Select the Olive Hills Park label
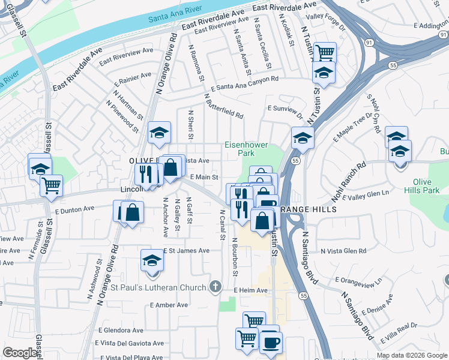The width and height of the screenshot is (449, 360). pos(426,186)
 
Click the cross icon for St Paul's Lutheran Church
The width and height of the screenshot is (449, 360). pos(214,287)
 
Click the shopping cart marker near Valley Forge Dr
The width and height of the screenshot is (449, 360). pos(324,53)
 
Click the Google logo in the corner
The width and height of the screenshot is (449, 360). pos(20,353)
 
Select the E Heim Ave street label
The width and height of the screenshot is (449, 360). pos(251,290)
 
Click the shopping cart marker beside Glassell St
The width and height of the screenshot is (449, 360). pos(51,185)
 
